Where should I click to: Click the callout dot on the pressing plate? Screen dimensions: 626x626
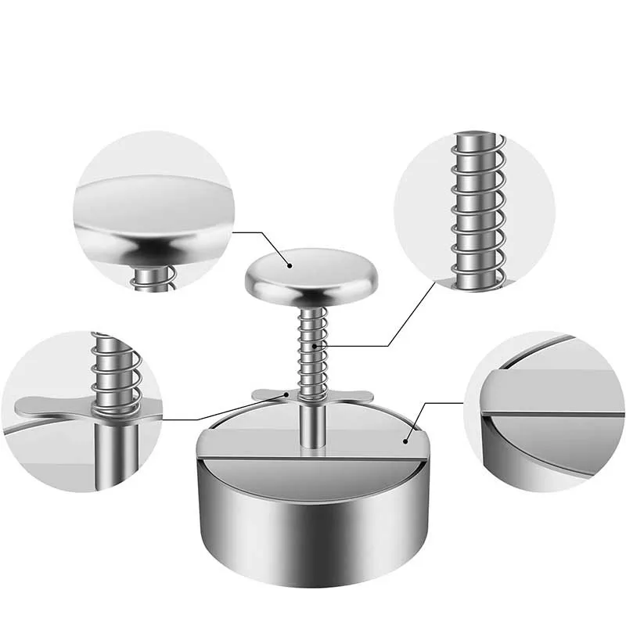point(405,441)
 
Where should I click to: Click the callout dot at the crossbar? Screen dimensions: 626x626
point(286,395)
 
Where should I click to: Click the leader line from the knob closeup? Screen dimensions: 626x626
point(258,232)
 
